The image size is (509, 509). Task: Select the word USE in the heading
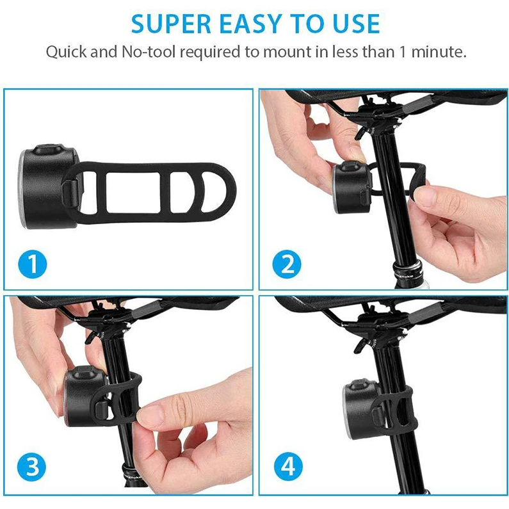coord(357,24)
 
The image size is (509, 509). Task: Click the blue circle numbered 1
coord(33,264)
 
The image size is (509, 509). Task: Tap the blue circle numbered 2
coord(287,264)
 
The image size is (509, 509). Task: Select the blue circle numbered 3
coord(31,467)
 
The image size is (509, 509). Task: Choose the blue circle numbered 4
coord(288,467)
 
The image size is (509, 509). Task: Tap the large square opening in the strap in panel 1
coord(133,193)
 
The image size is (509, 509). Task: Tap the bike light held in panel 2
coord(351,187)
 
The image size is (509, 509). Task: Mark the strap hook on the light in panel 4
coord(377,418)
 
